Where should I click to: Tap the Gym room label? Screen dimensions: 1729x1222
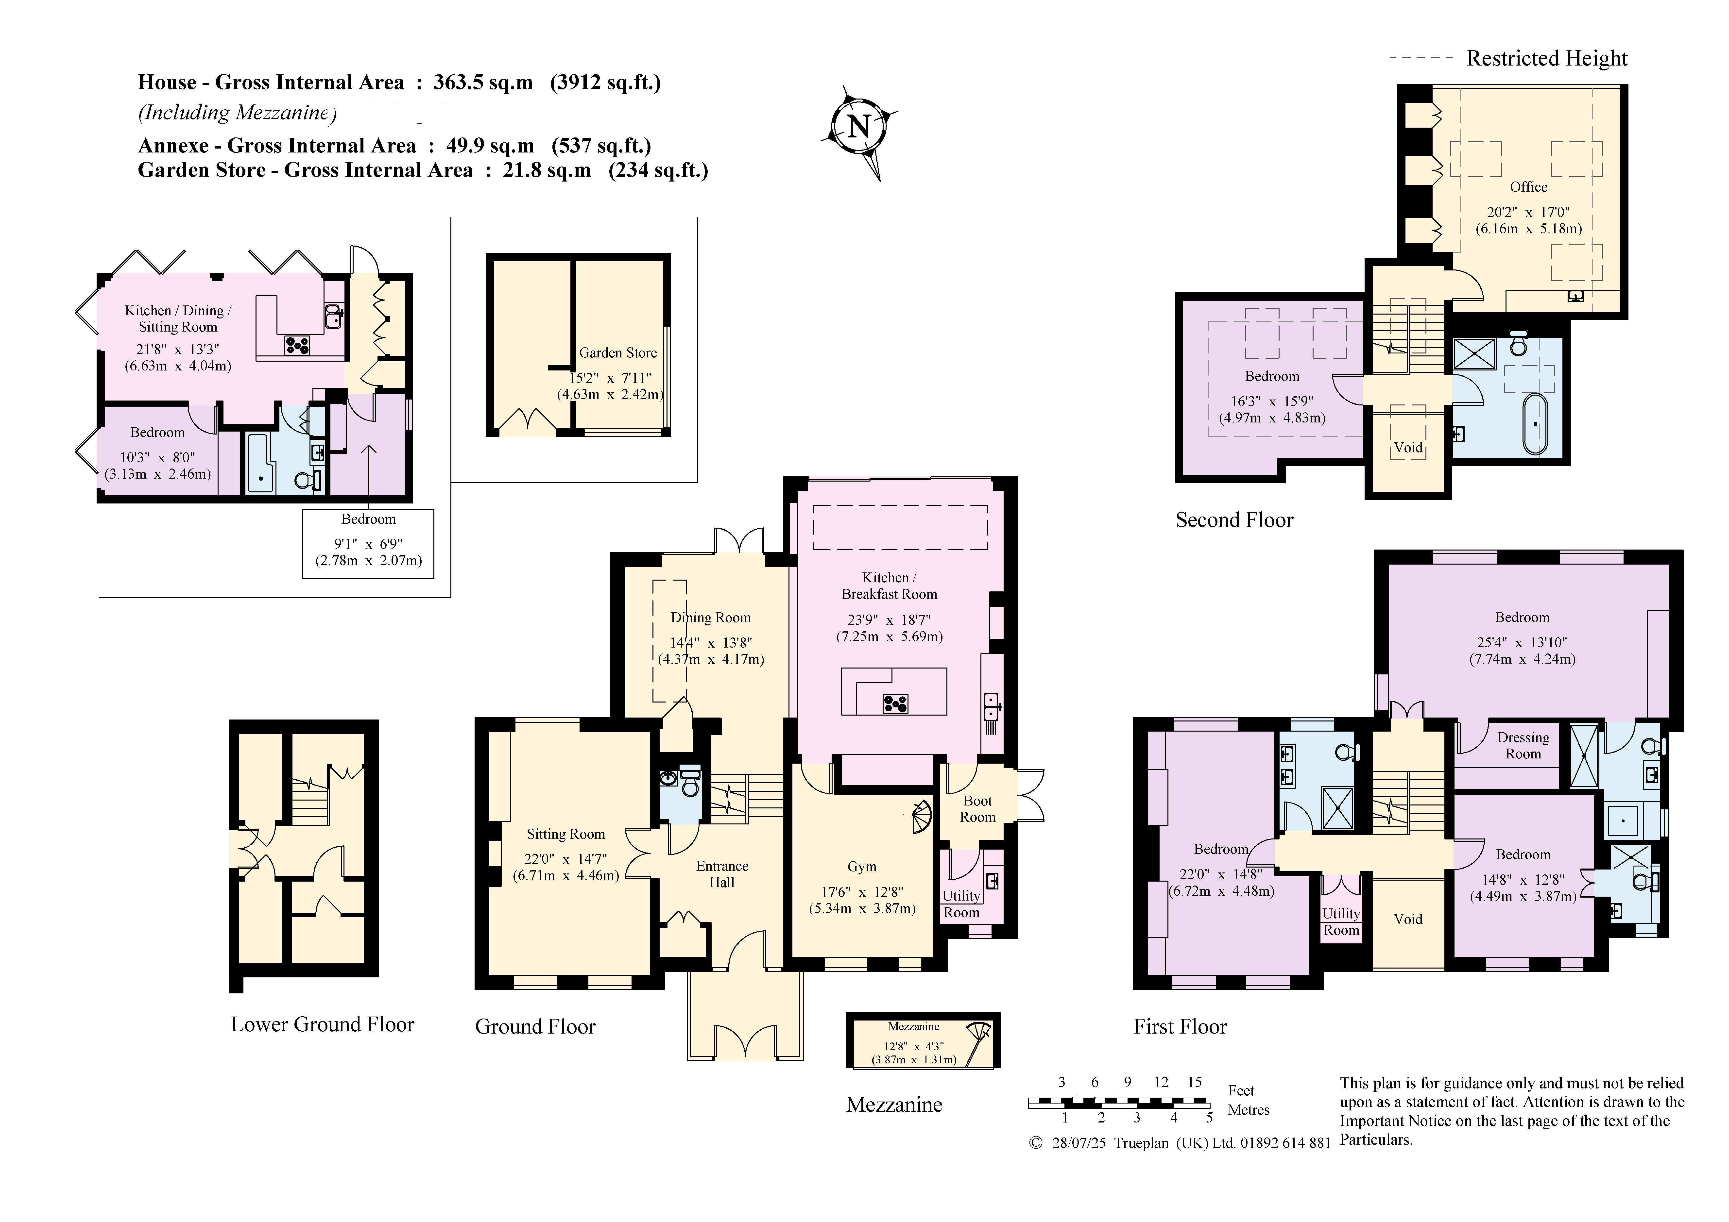pyautogui.click(x=861, y=867)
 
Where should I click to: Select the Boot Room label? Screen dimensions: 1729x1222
pyautogui.click(x=977, y=809)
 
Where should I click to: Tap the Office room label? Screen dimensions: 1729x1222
pyautogui.click(x=1529, y=187)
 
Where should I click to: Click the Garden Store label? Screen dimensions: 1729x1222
pyautogui.click(x=617, y=352)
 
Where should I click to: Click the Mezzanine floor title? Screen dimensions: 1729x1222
pyautogui.click(x=894, y=1105)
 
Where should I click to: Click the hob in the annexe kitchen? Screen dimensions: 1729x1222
pyautogui.click(x=297, y=345)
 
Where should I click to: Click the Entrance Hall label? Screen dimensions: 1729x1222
pyautogui.click(x=721, y=874)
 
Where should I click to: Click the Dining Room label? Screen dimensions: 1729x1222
pyautogui.click(x=711, y=617)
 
